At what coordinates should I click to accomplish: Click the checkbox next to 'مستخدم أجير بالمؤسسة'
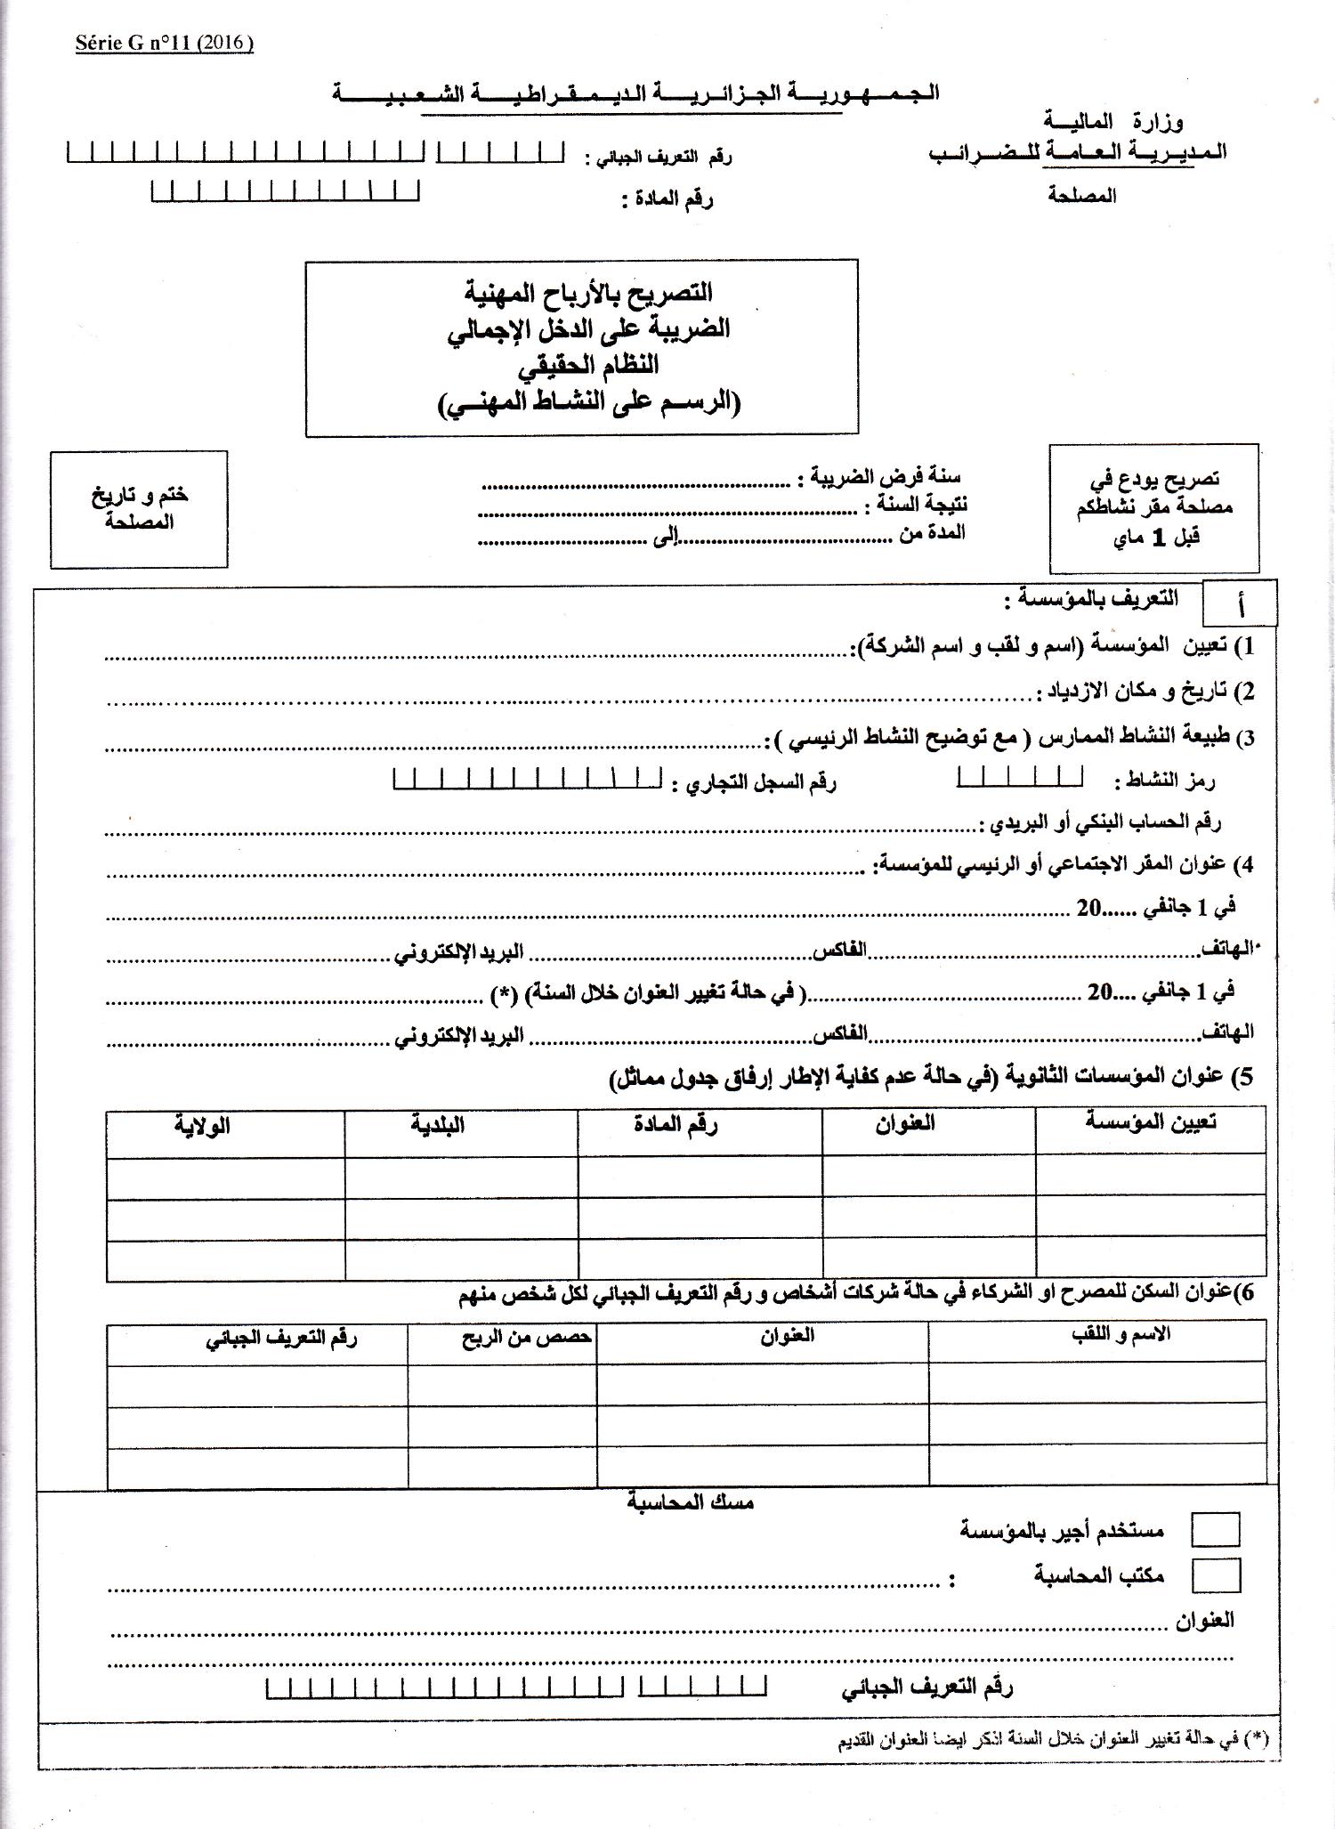coord(1215,1529)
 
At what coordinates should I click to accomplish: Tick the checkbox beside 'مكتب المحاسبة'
coord(1215,1574)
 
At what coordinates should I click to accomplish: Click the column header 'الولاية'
coord(203,1125)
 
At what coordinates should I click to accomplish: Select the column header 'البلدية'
coord(438,1125)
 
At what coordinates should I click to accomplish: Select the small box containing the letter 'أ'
coord(1240,604)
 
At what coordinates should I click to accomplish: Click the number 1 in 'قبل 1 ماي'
coord(1158,538)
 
